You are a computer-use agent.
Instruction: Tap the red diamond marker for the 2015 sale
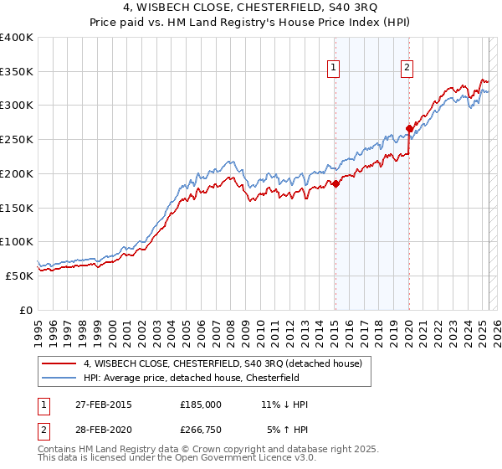click(335, 184)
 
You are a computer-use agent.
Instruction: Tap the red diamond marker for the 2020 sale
click(409, 129)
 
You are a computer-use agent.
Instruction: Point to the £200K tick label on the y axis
click(17, 173)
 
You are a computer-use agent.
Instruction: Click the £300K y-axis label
click(17, 106)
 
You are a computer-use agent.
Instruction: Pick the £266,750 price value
click(201, 431)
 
